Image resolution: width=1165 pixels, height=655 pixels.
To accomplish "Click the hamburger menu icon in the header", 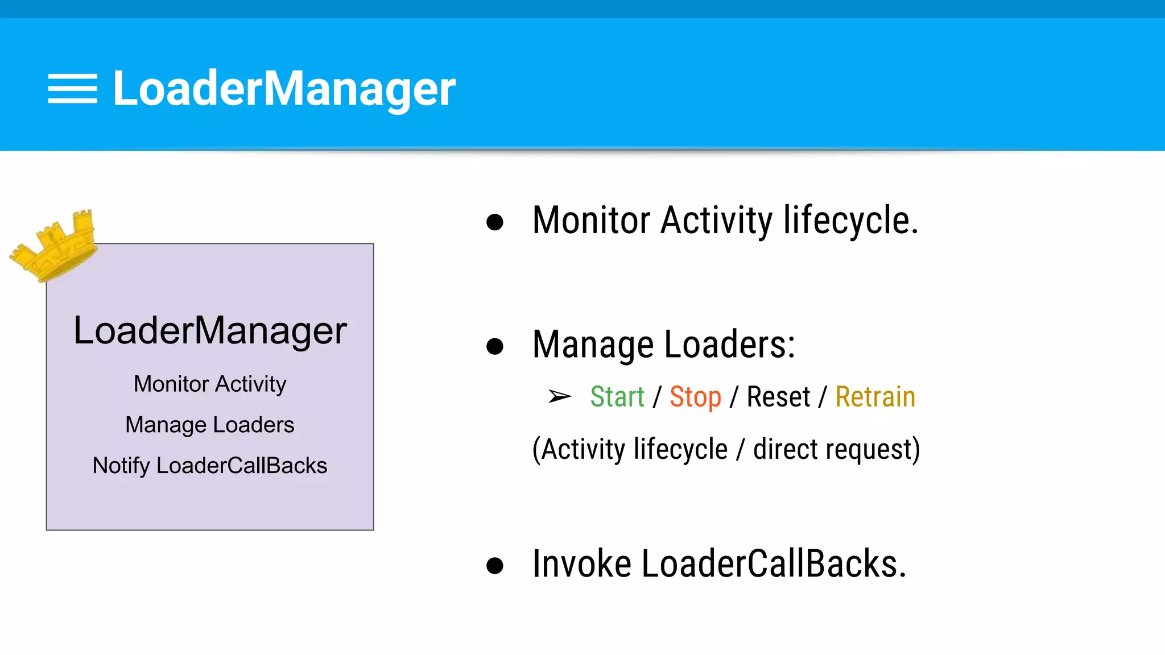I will pos(72,89).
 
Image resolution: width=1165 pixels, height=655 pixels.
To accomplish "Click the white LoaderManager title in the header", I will pos(284,89).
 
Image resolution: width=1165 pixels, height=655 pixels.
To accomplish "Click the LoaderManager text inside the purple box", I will pos(210,331).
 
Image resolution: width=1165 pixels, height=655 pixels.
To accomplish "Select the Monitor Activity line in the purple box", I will pos(210,384).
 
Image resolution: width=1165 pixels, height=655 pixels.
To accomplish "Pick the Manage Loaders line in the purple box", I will pos(210,425).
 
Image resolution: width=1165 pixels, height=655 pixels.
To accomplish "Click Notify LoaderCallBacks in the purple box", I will pos(210,466).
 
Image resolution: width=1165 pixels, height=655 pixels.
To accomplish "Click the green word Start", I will pos(617,396).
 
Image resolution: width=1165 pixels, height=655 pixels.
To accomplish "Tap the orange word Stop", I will pos(695,396).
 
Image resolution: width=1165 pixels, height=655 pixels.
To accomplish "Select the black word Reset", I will pos(778,396).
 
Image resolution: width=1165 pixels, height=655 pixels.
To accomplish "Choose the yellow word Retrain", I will pos(875,396).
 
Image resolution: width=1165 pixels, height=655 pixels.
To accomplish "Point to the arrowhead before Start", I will pos(560,396).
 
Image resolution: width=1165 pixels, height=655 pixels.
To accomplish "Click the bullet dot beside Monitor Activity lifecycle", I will pos(495,222).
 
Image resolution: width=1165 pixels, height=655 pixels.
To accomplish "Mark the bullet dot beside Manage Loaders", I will pos(495,346).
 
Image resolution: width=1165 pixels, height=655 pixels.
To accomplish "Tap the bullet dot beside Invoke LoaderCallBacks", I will pos(495,565).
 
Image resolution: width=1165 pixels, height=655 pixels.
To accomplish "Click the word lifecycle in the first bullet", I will pos(850,221).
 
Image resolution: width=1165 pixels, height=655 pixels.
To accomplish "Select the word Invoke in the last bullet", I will pos(581,564).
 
